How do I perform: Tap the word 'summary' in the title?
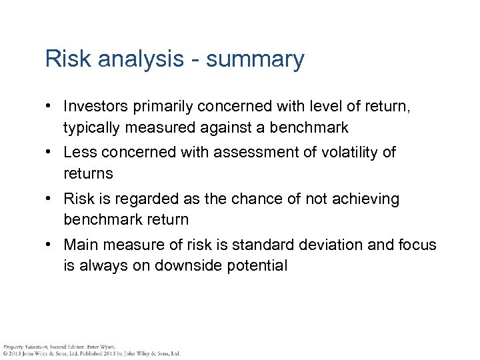coord(255,60)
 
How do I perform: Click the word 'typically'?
coord(91,127)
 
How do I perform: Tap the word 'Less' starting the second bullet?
coord(77,153)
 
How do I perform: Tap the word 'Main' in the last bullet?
coord(79,245)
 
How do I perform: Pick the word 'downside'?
coord(186,266)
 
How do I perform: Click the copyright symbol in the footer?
coord(4,353)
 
